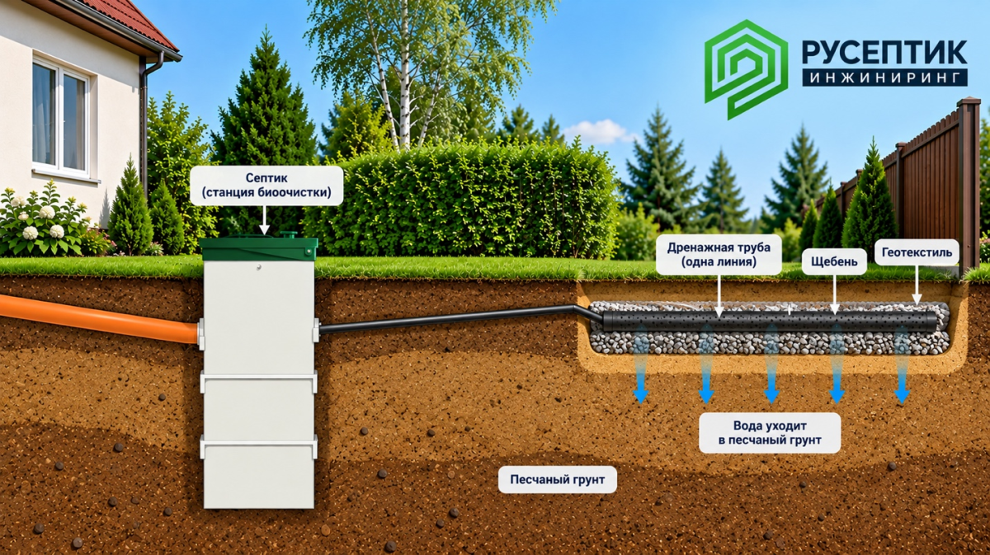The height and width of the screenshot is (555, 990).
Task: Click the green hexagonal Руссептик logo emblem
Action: pyautogui.click(x=746, y=69)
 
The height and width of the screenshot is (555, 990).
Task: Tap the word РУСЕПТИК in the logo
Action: pyautogui.click(x=884, y=53)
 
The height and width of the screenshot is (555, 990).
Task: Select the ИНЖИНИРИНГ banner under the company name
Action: pyautogui.click(x=884, y=78)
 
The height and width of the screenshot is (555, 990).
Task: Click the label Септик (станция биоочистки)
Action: pyautogui.click(x=266, y=186)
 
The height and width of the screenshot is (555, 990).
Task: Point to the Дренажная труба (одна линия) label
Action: pyautogui.click(x=719, y=255)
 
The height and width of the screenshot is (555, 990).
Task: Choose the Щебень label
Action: pyautogui.click(x=834, y=261)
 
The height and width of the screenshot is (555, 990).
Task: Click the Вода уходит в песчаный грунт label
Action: pyautogui.click(x=770, y=433)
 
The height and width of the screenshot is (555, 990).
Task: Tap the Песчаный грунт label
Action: pyautogui.click(x=558, y=479)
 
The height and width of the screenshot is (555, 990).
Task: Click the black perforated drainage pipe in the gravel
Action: pyautogui.click(x=770, y=321)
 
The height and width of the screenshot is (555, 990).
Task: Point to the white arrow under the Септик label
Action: pyautogui.click(x=264, y=219)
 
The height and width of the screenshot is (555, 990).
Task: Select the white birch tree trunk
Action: pyautogui.click(x=404, y=79)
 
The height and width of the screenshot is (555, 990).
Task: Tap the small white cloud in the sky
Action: pyautogui.click(x=599, y=131)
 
